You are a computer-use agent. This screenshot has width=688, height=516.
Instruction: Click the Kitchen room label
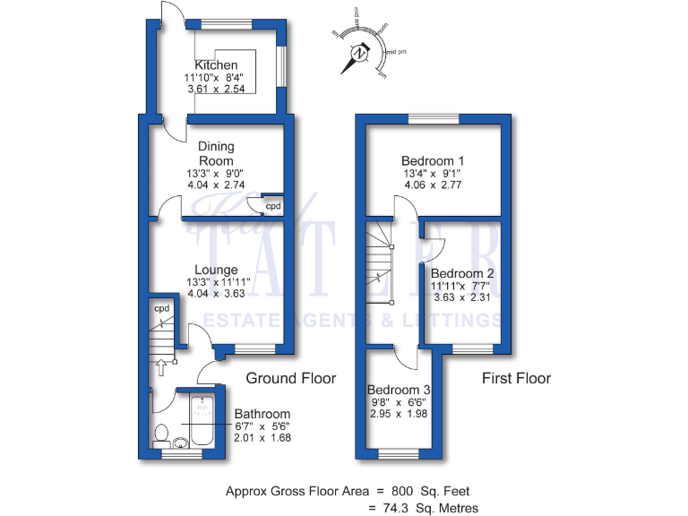coord(217,65)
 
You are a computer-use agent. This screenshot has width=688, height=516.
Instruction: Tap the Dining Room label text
coord(216,154)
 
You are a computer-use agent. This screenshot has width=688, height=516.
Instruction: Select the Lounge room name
coord(216,270)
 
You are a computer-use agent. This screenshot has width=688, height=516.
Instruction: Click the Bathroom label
coord(262,413)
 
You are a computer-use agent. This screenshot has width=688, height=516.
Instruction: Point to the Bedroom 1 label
coord(438,160)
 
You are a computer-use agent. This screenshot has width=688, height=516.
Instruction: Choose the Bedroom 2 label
coord(463,273)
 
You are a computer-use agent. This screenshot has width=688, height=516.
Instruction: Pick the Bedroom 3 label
coord(400,391)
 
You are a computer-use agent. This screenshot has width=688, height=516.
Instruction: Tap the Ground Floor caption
coord(291,378)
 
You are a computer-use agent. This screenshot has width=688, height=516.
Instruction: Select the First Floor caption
coord(516,378)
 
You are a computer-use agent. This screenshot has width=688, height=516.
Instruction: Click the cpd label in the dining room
coord(272,206)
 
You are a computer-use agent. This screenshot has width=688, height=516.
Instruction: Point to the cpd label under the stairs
coord(162,309)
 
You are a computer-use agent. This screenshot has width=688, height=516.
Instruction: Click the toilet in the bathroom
coord(161,436)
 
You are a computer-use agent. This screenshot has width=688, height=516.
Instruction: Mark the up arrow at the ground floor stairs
coord(161,365)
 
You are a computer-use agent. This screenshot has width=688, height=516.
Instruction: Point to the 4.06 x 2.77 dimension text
coord(438,185)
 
